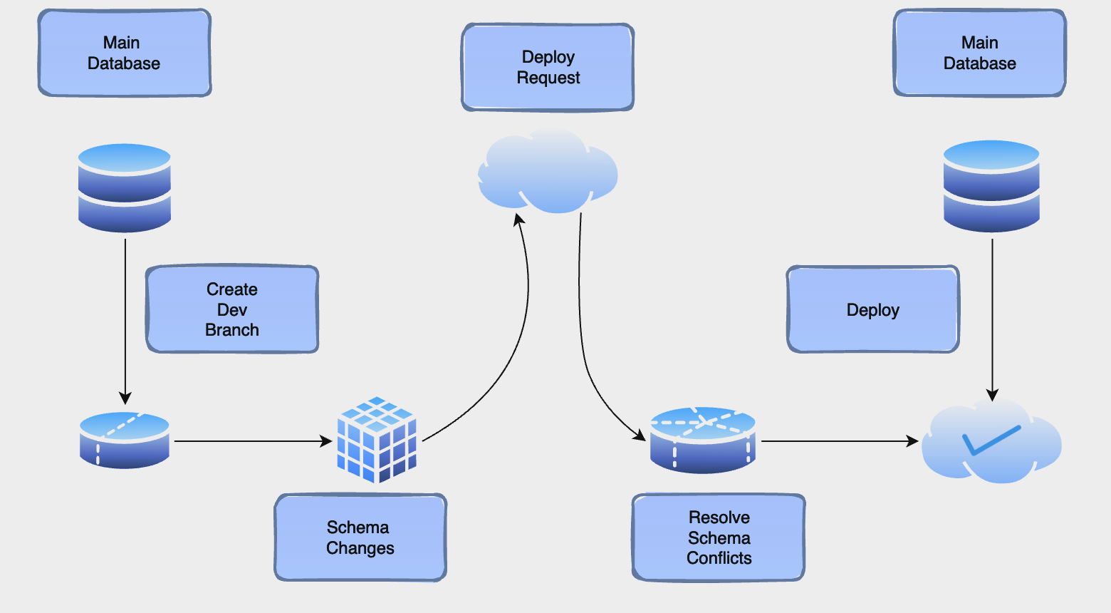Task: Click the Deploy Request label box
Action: [x=548, y=67]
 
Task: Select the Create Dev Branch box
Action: [x=232, y=309]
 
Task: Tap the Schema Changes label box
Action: [x=360, y=537]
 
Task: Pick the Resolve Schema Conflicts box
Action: [x=719, y=537]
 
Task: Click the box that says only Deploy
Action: [x=873, y=309]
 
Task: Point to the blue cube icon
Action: [x=377, y=440]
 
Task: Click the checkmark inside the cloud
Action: [x=991, y=440]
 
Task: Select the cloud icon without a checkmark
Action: [x=548, y=171]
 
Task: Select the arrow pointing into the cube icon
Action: [x=254, y=441]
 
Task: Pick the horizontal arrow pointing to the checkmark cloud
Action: [x=840, y=441]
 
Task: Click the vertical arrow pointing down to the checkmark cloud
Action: [x=992, y=320]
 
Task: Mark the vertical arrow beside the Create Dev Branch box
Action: [x=125, y=321]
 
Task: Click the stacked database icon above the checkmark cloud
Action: [x=991, y=186]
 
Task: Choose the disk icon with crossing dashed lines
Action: [x=703, y=440]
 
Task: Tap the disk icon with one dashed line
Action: [x=125, y=441]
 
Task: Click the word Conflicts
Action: [x=719, y=558]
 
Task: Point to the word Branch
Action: [x=232, y=330]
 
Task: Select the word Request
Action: [x=548, y=78]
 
